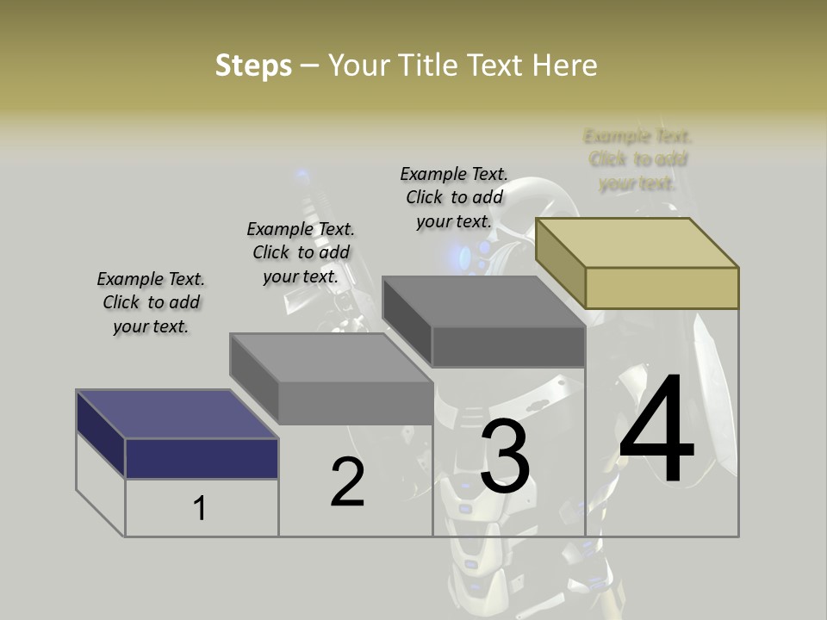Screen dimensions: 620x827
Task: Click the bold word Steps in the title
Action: [253, 65]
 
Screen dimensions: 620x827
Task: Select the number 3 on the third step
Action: [505, 458]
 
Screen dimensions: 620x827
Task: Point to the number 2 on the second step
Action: [348, 482]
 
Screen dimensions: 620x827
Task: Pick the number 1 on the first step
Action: [200, 508]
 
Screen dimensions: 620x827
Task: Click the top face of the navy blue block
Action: [177, 414]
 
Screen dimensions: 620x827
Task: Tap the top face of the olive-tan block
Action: [637, 242]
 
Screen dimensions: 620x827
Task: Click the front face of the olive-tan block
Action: [662, 288]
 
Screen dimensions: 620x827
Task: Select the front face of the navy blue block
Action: [202, 458]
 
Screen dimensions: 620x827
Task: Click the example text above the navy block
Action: [151, 303]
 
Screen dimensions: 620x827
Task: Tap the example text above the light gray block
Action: [301, 253]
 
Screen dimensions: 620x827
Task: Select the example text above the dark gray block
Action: [454, 198]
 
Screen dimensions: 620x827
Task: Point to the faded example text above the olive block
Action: [637, 159]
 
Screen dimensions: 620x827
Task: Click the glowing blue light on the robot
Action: [466, 255]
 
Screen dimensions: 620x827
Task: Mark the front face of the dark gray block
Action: [508, 347]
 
